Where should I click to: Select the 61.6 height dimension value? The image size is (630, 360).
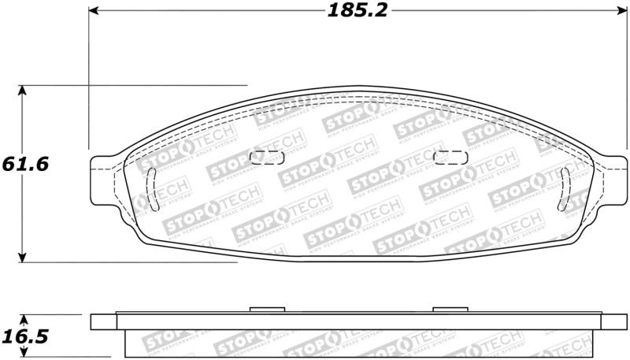pos(25,164)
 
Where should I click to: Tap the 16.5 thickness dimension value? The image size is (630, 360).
pos(25,337)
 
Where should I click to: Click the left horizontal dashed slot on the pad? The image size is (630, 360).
pos(266,157)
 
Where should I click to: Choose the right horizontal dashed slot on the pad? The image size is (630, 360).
pos(451,157)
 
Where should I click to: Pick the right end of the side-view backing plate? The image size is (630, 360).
pos(614,321)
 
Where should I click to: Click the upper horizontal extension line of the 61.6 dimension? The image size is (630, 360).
pos(157,85)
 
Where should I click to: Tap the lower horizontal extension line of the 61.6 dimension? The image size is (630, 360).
pos(157,262)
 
